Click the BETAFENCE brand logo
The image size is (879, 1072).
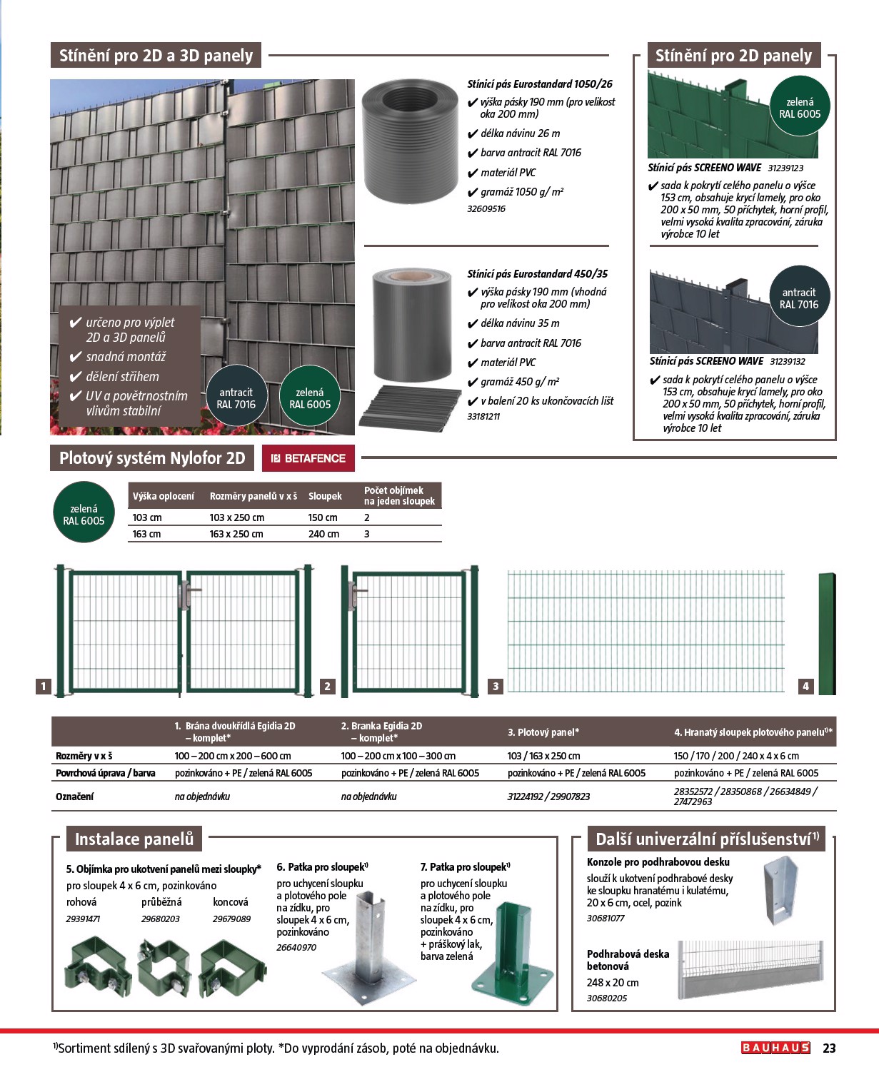[308, 458]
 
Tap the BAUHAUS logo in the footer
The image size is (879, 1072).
[775, 1048]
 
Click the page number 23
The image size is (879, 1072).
[829, 1048]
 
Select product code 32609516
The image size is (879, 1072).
[486, 209]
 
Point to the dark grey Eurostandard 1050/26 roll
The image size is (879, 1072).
[409, 141]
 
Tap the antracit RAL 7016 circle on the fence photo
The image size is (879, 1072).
[236, 398]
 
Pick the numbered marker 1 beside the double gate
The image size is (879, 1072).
[44, 686]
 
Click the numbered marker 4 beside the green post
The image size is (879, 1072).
[805, 686]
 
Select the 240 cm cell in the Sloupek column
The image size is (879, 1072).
[323, 534]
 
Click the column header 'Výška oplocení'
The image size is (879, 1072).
[164, 496]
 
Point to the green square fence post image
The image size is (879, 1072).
[827, 632]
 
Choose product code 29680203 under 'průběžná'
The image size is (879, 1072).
[161, 919]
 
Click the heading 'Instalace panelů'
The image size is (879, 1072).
[134, 839]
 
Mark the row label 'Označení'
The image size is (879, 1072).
[74, 796]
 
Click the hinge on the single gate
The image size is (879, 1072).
[353, 591]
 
